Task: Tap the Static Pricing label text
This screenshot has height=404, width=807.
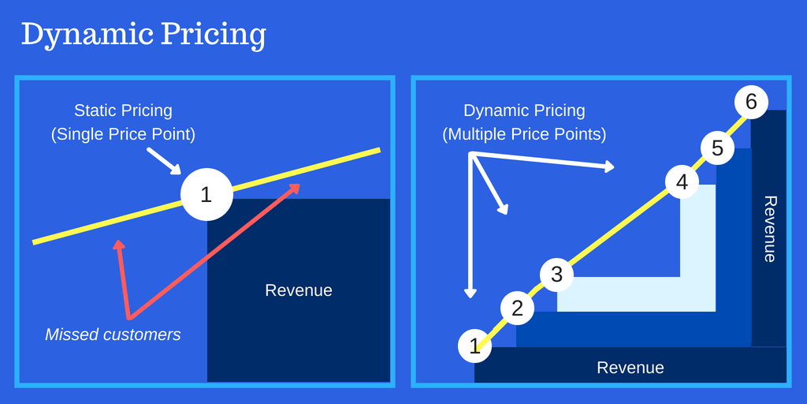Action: pyautogui.click(x=123, y=110)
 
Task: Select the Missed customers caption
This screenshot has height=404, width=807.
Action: pyautogui.click(x=113, y=335)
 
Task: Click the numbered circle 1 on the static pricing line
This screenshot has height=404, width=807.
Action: pyautogui.click(x=206, y=194)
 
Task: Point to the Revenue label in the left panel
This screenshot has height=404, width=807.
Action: pyautogui.click(x=299, y=290)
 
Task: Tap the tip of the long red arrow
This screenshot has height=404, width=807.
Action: pyautogui.click(x=298, y=185)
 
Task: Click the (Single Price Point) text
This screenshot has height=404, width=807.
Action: pyautogui.click(x=123, y=134)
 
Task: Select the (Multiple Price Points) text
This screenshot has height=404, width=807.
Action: pyautogui.click(x=524, y=134)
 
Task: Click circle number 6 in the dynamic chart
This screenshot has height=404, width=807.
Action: pyautogui.click(x=750, y=102)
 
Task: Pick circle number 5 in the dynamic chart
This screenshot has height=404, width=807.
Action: pyautogui.click(x=717, y=148)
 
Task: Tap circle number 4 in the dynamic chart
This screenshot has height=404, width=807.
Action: pyautogui.click(x=682, y=183)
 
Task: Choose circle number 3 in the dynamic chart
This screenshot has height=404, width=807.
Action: pyautogui.click(x=556, y=275)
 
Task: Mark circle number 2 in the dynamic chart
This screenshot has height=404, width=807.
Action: pyautogui.click(x=517, y=309)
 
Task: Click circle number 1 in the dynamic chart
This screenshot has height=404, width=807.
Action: pyautogui.click(x=474, y=345)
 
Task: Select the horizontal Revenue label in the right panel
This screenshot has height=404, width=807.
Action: pyautogui.click(x=630, y=368)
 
